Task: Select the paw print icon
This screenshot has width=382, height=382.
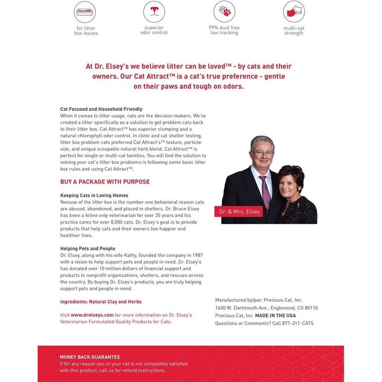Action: (x=224, y=11)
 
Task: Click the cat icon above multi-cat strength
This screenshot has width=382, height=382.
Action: (x=294, y=11)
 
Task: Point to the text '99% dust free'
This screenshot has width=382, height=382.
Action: (x=224, y=28)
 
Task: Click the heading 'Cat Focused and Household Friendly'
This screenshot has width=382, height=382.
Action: (x=101, y=109)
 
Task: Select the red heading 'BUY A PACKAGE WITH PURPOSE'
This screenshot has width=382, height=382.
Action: (x=105, y=182)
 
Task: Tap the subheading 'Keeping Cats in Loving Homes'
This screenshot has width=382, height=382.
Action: (x=94, y=195)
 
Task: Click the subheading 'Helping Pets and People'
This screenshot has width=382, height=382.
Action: (x=87, y=249)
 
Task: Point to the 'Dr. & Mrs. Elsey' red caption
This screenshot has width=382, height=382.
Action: (x=240, y=211)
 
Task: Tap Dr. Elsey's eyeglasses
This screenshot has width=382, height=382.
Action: (x=262, y=153)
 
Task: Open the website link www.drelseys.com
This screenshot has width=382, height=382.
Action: (x=92, y=315)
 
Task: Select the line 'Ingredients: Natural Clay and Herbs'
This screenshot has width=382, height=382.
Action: (x=101, y=302)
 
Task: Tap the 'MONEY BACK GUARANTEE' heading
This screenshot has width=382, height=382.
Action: (x=90, y=357)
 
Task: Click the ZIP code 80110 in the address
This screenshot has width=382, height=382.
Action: (x=310, y=308)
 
